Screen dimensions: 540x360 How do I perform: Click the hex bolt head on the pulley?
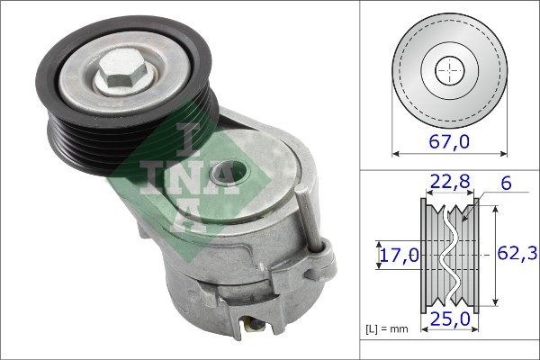click(x=122, y=72)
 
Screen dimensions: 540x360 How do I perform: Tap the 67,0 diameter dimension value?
click(x=449, y=141)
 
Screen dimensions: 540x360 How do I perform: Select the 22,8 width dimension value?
click(x=449, y=181)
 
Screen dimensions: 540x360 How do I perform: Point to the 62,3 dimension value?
click(x=517, y=254)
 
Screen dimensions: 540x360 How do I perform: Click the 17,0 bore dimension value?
click(x=399, y=256)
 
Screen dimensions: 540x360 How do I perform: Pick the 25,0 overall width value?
click(x=450, y=319)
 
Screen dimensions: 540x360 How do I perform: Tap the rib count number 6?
click(x=506, y=184)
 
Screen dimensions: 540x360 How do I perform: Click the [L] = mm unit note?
click(x=386, y=329)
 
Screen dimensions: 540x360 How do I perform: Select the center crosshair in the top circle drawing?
click(x=450, y=70)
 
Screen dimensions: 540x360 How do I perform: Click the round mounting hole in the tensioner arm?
click(x=229, y=173)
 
